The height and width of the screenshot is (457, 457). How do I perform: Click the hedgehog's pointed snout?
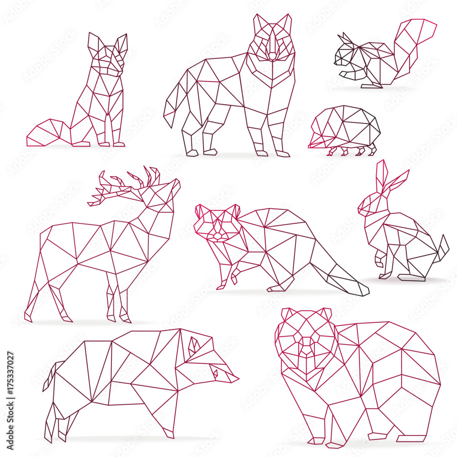click(312, 145)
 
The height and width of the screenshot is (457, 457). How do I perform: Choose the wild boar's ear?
click(194, 346)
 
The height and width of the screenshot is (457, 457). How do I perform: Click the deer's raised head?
click(165, 192)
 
